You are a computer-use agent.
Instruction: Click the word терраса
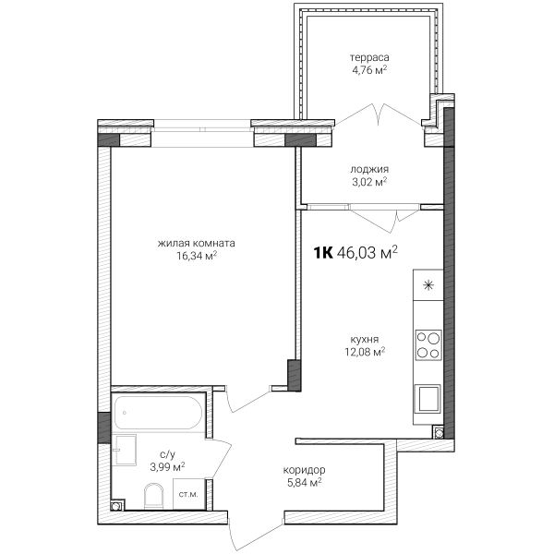pyautogui.click(x=369, y=57)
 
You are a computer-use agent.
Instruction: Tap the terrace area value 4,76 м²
pyautogui.click(x=369, y=70)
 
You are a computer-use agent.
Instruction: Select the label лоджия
pyautogui.click(x=369, y=169)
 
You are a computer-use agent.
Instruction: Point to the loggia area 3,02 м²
pyautogui.click(x=369, y=182)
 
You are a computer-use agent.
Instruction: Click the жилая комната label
pyautogui.click(x=196, y=244)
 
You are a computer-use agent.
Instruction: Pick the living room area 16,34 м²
pyautogui.click(x=197, y=256)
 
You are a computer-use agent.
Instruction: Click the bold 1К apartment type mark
pyautogui.click(x=323, y=253)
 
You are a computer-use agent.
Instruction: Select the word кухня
pyautogui.click(x=365, y=340)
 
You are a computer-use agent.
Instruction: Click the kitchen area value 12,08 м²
pyautogui.click(x=365, y=352)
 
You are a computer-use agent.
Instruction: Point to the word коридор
pyautogui.click(x=304, y=470)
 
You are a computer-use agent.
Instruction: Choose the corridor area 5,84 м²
pyautogui.click(x=304, y=483)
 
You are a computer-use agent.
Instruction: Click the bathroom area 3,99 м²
pyautogui.click(x=167, y=467)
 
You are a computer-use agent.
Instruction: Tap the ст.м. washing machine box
pyautogui.click(x=188, y=494)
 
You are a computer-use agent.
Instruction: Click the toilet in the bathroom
pyautogui.click(x=153, y=497)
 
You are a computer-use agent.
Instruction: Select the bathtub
pyautogui.click(x=158, y=413)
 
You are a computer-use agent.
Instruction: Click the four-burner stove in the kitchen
pyautogui.click(x=428, y=344)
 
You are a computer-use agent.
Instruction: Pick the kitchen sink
pyautogui.click(x=428, y=399)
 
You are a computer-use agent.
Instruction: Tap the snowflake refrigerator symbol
pyautogui.click(x=428, y=285)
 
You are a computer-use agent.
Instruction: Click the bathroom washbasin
pyautogui.click(x=125, y=451)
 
